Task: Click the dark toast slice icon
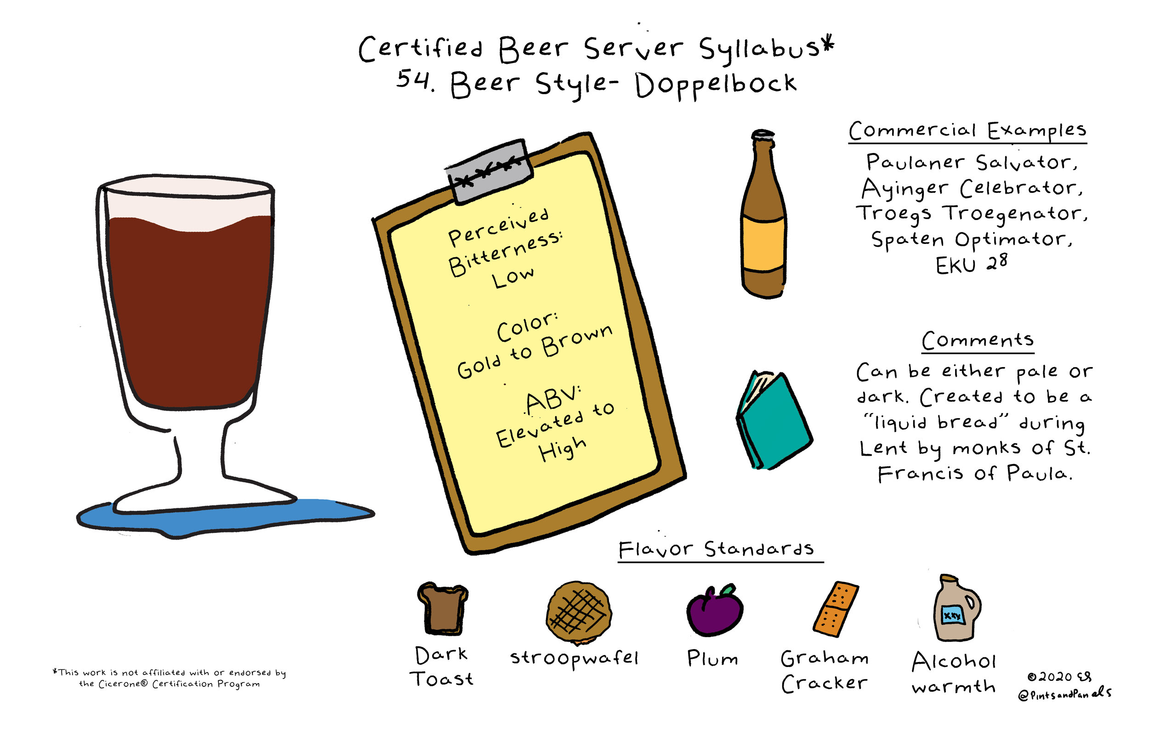[x=442, y=609]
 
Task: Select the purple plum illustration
[x=714, y=612]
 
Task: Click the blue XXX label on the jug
[x=952, y=616]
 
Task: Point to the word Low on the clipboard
[x=513, y=277]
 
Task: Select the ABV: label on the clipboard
[x=553, y=399]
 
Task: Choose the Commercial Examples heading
[x=967, y=130]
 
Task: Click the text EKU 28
[x=972, y=265]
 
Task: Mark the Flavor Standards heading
[x=716, y=549]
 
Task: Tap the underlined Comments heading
[x=978, y=340]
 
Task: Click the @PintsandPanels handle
[x=1064, y=694]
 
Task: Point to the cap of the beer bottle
[x=763, y=135]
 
